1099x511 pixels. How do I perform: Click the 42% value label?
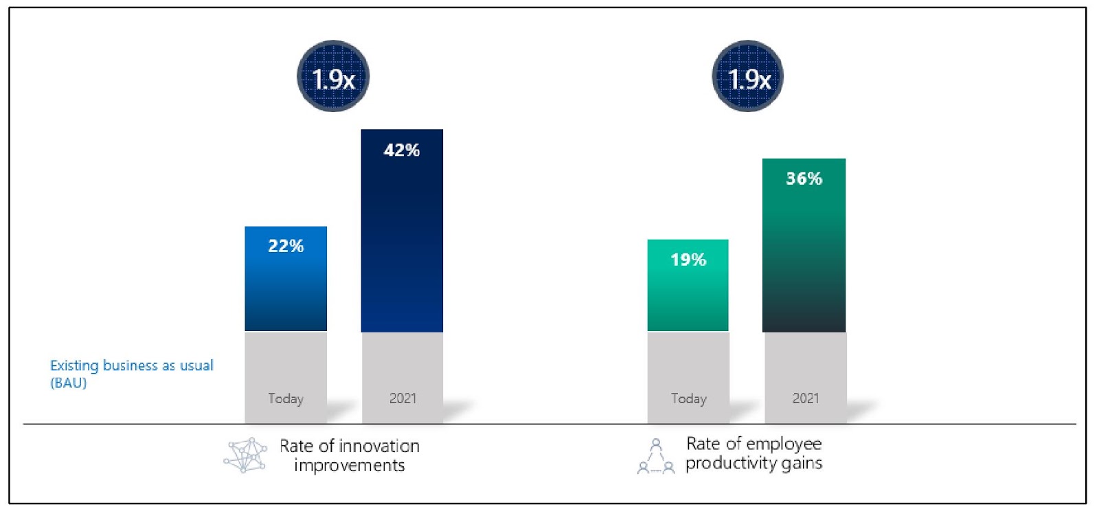402,150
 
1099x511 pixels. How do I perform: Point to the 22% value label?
286,246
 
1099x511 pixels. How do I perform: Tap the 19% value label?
688,260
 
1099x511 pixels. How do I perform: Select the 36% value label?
804,179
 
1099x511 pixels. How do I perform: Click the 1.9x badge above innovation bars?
333,76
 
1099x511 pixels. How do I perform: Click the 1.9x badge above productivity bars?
748,76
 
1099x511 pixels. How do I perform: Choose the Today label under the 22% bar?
286,398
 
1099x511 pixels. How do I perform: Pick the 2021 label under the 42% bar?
403,398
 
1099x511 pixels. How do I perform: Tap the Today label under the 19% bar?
688,398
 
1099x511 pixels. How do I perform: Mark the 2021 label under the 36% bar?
805,398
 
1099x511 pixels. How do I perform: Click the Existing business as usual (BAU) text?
131,374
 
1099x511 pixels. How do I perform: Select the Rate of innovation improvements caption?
349,455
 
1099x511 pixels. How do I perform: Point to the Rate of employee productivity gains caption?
754,453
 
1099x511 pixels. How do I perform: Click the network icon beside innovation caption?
245,455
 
